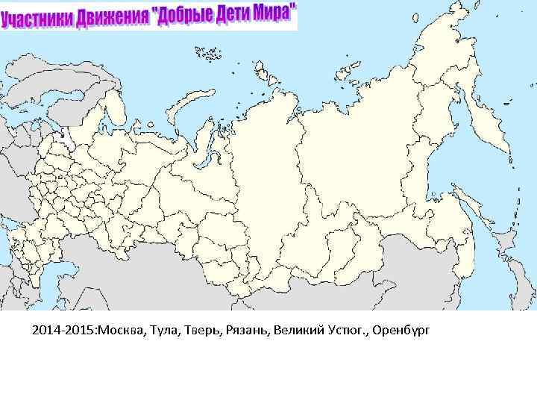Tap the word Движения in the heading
tap(111, 17)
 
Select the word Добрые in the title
tap(182, 15)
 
